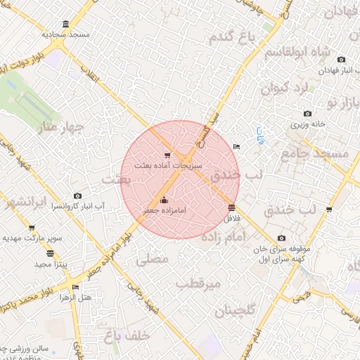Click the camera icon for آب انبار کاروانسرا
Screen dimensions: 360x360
click(77, 196)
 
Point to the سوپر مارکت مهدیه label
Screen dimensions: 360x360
click(32, 238)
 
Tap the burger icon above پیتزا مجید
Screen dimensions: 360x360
click(49, 253)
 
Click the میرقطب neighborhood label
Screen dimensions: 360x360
click(198, 283)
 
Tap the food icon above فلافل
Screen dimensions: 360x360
click(232, 207)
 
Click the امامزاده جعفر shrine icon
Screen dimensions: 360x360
click(165, 200)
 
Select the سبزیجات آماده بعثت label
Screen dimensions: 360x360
click(167, 166)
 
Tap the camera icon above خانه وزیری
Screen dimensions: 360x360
click(307, 114)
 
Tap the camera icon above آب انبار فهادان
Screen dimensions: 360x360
click(342, 60)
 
